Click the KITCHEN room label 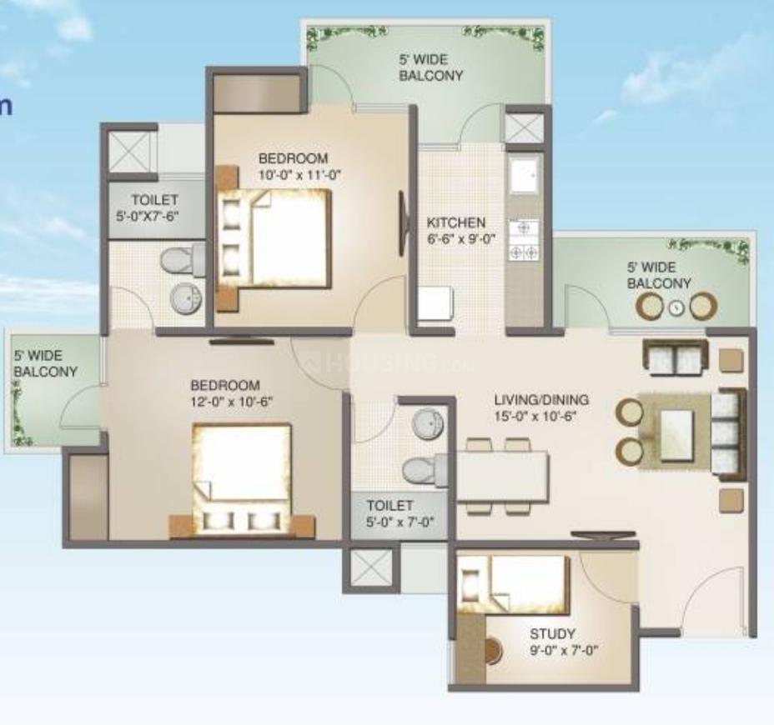click(455, 223)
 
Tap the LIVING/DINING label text click(541, 399)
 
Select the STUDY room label click(552, 634)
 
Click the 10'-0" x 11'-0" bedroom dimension click(300, 174)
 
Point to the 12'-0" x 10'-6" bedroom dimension click(232, 401)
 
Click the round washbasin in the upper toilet click(184, 297)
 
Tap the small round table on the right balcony click(676, 307)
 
